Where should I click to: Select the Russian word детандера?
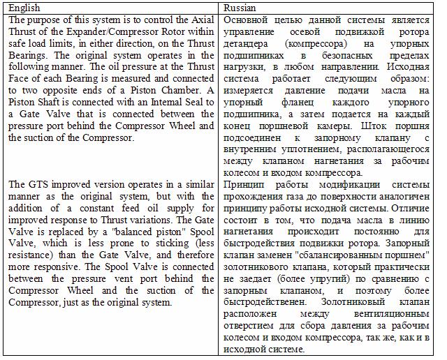(247, 44)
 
